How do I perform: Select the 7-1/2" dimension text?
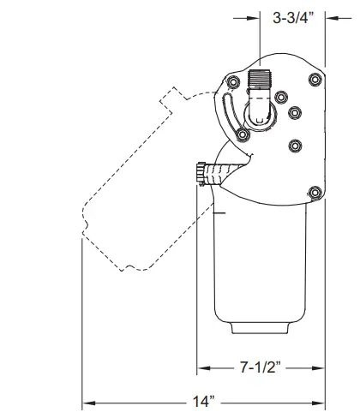coord(262,368)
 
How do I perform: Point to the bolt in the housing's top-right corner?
coord(313,81)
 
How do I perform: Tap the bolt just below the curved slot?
coord(243,135)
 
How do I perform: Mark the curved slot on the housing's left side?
coord(227,115)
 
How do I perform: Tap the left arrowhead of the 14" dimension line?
coord(87,400)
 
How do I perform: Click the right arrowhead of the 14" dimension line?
coord(322,400)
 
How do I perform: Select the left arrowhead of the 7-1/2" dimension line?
coord(204,368)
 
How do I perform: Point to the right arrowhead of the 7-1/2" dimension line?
coord(322,368)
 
